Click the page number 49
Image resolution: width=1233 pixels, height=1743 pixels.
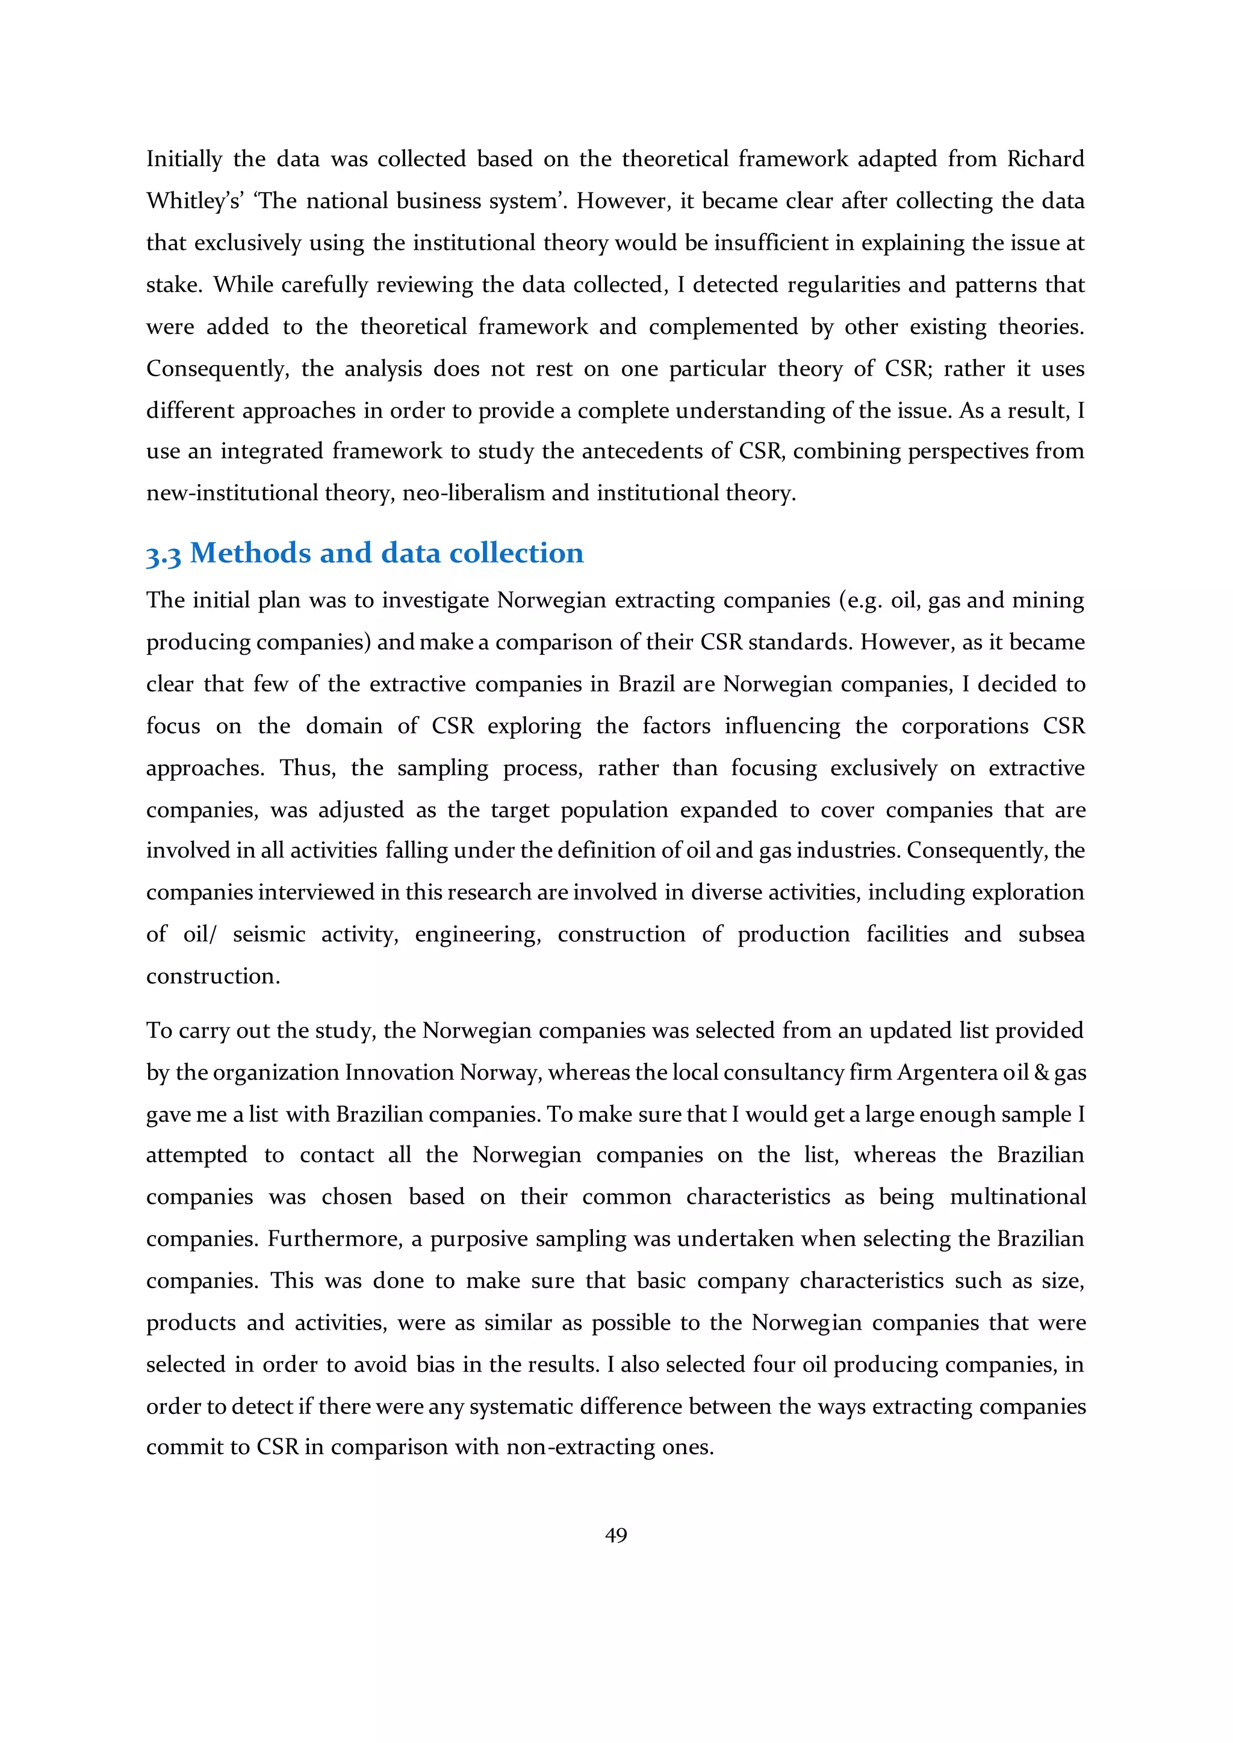[616, 1535]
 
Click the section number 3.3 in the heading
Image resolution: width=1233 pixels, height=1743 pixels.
[163, 555]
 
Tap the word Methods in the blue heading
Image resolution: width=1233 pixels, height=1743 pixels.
[250, 553]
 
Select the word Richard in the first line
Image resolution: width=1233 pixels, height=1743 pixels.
[1046, 159]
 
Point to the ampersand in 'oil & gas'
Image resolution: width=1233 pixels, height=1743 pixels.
[1042, 1072]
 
